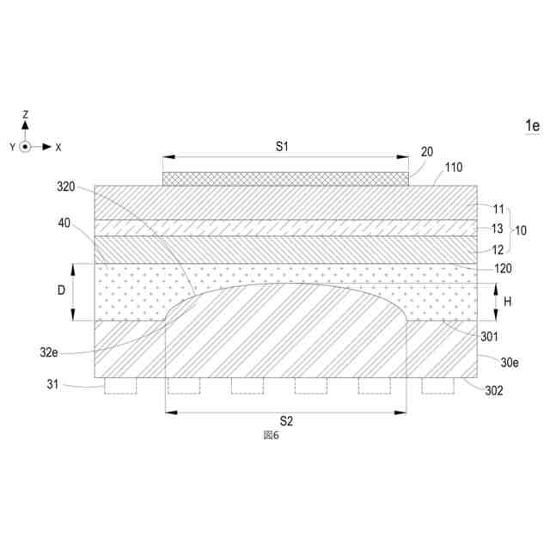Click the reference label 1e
pos(532,125)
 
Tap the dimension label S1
pos(282,146)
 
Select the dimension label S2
pos(286,421)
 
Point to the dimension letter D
pos(61,290)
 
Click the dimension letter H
pos(507,302)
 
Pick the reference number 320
pos(66,186)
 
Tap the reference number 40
pos(64,223)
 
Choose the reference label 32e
pos(49,352)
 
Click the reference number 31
pos(52,384)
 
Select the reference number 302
pos(494,390)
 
